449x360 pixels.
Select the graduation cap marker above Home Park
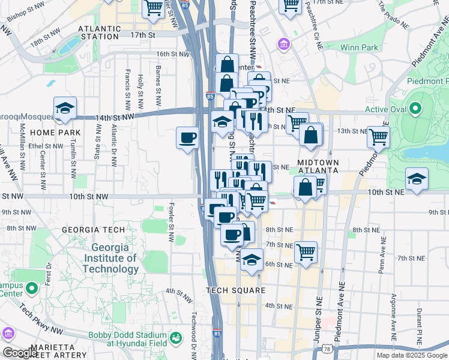[65, 109]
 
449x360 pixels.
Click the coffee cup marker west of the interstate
[187, 139]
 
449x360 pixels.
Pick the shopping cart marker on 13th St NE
[378, 137]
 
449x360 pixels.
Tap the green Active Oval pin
[414, 110]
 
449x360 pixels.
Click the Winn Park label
[359, 47]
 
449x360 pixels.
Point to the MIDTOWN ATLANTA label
[317, 166]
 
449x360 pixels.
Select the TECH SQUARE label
[235, 290]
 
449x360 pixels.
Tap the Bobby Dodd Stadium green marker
[176, 339]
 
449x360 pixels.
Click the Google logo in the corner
[19, 353]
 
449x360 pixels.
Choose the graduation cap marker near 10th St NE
[416, 179]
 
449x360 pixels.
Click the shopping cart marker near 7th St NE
[306, 252]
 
